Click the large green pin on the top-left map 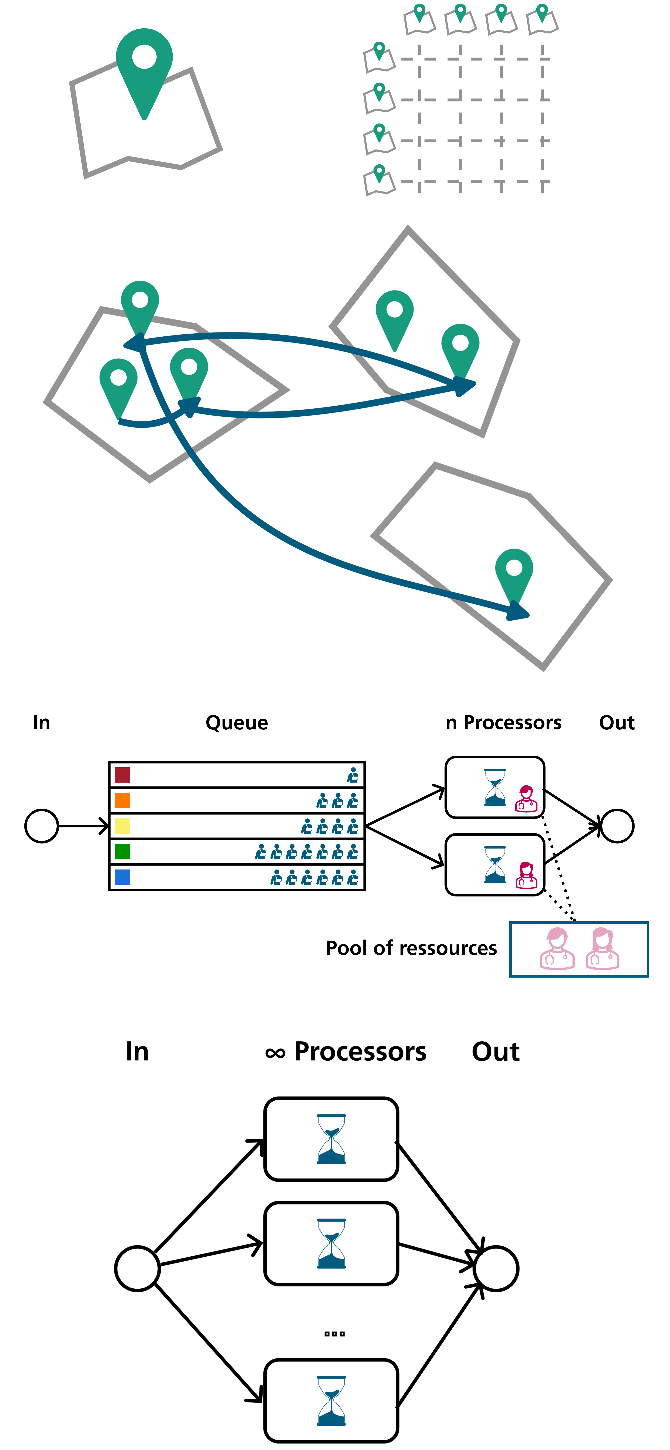[144, 65]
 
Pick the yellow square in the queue [122, 826]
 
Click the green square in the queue [122, 851]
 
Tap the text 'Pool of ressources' [411, 948]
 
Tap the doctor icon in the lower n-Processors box [527, 875]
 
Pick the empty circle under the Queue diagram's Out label [617, 826]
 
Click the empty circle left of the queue [42, 826]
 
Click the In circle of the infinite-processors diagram [137, 1268]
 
